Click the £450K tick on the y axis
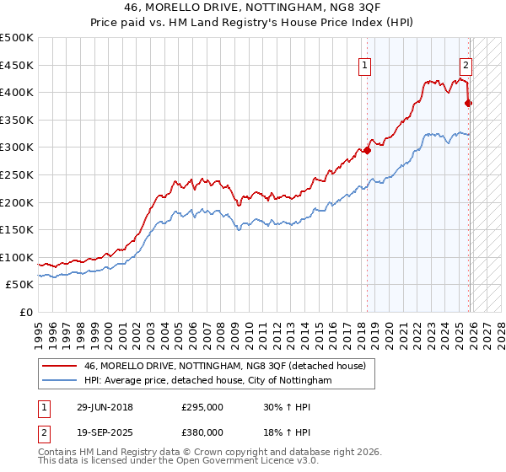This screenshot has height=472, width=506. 17,65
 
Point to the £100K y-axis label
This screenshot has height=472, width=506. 17,257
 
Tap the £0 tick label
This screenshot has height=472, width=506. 25,312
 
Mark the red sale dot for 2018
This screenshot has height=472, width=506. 367,150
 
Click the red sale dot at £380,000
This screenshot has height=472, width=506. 469,104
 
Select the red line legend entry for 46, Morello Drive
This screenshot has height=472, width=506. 224,366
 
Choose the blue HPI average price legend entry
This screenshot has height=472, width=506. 207,381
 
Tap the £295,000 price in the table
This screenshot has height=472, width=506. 202,406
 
